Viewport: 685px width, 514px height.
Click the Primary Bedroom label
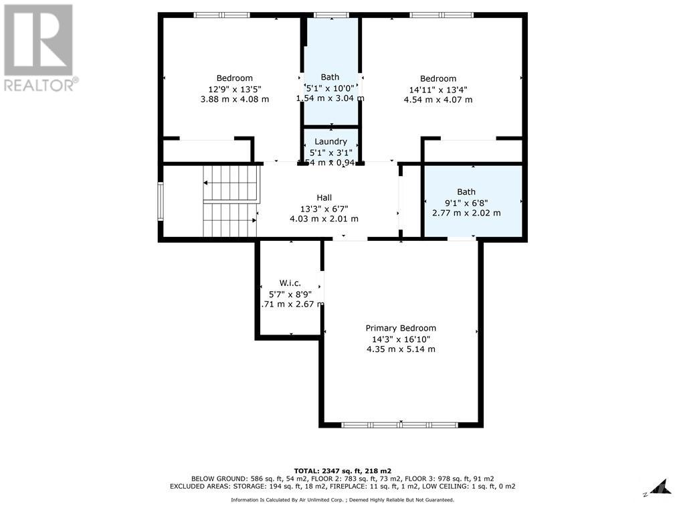pyautogui.click(x=401, y=328)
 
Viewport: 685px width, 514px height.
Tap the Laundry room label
pyautogui.click(x=330, y=141)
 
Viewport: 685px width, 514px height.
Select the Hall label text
pyautogui.click(x=324, y=197)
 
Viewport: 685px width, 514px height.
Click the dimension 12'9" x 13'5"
pyautogui.click(x=234, y=89)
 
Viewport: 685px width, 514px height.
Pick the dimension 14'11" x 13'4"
pyautogui.click(x=437, y=90)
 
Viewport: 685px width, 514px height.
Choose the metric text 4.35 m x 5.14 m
pyautogui.click(x=401, y=349)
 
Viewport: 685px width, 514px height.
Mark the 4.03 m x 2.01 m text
pyautogui.click(x=324, y=219)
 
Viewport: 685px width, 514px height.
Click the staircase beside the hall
pyautogui.click(x=230, y=201)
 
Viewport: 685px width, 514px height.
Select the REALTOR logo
pyautogui.click(x=39, y=48)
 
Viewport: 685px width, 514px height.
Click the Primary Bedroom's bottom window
pyautogui.click(x=399, y=424)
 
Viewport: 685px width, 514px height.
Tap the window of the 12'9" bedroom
pyautogui.click(x=221, y=15)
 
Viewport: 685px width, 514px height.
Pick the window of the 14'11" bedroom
pyautogui.click(x=441, y=15)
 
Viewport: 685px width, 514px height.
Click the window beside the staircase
pyautogui.click(x=160, y=201)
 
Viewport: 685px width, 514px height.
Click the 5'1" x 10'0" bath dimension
pyautogui.click(x=330, y=88)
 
